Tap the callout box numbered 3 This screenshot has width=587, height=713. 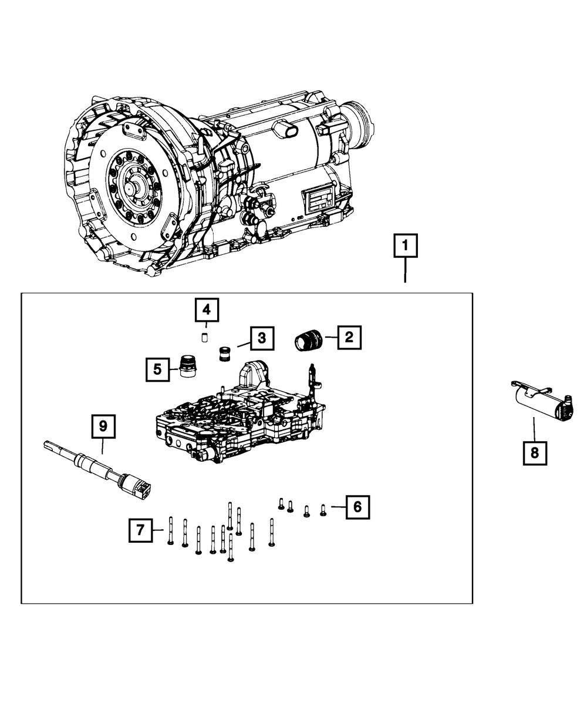[262, 338]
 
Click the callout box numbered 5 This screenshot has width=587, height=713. [157, 369]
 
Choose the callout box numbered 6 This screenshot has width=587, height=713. [357, 506]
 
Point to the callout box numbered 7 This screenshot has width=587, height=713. [140, 530]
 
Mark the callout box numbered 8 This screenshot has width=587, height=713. [535, 453]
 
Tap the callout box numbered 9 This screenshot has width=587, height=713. [103, 427]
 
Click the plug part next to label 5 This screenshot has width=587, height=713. [188, 368]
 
